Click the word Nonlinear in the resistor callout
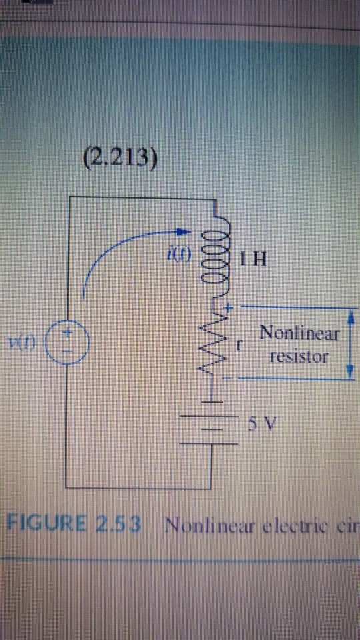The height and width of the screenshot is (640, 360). pyautogui.click(x=299, y=332)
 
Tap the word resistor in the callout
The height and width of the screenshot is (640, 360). pyautogui.click(x=299, y=356)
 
